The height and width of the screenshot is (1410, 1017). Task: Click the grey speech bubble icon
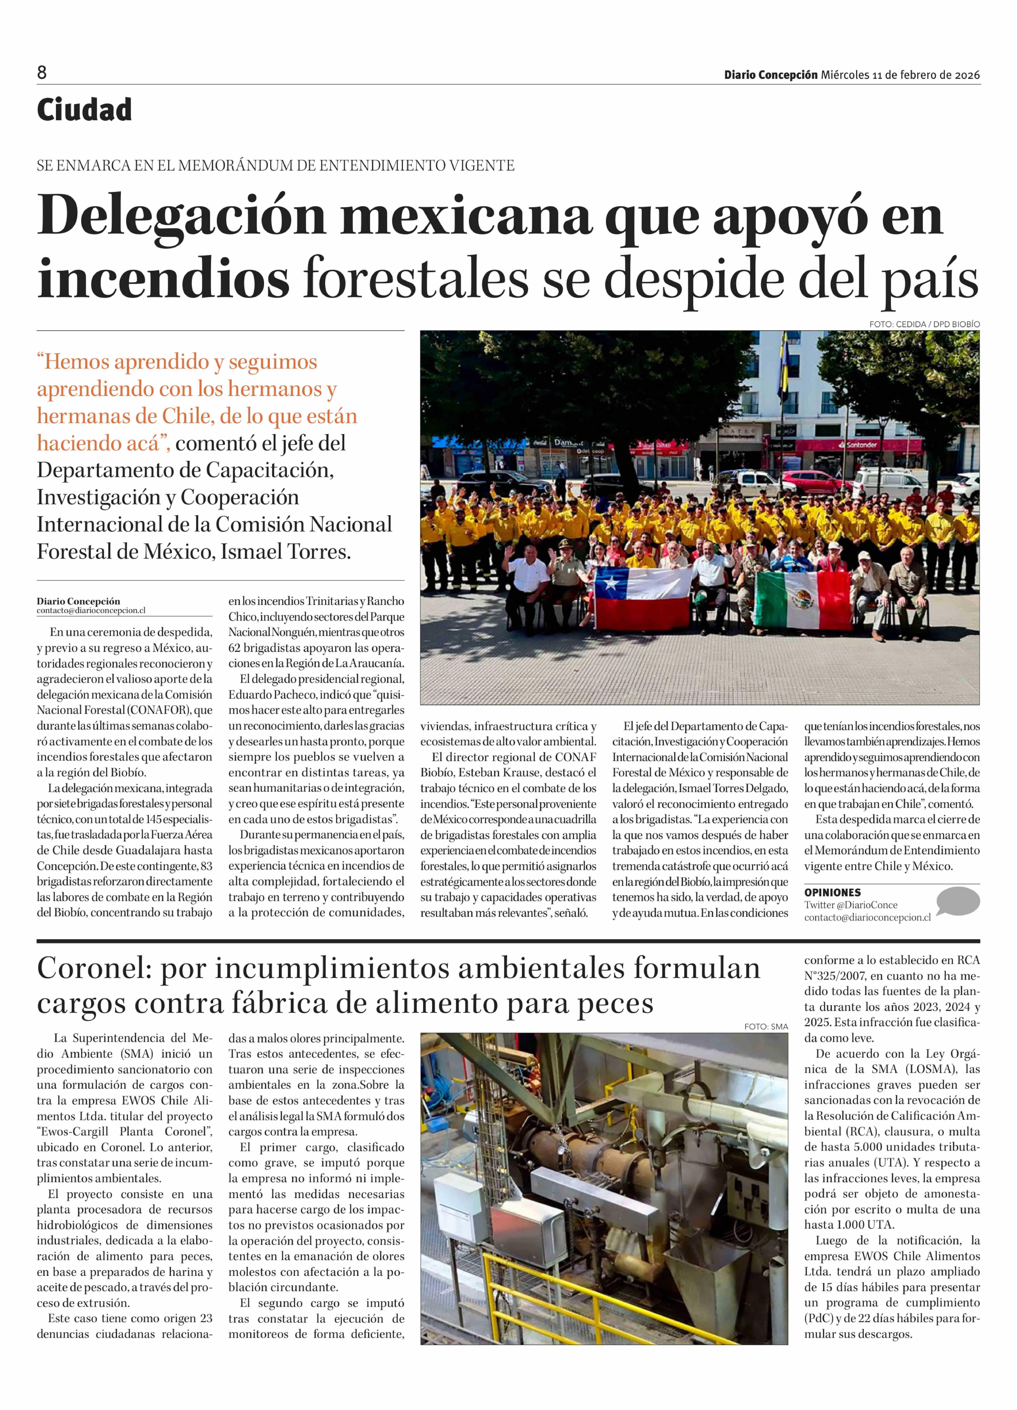pyautogui.click(x=957, y=901)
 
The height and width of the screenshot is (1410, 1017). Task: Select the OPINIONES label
pyautogui.click(x=832, y=892)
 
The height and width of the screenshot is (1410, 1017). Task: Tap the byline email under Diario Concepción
pyautogui.click(x=91, y=611)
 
